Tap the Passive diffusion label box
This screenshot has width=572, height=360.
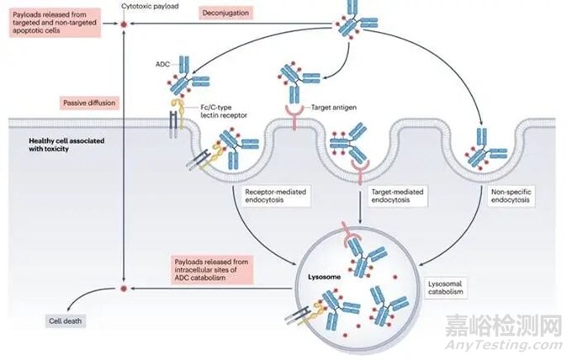coord(89,103)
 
